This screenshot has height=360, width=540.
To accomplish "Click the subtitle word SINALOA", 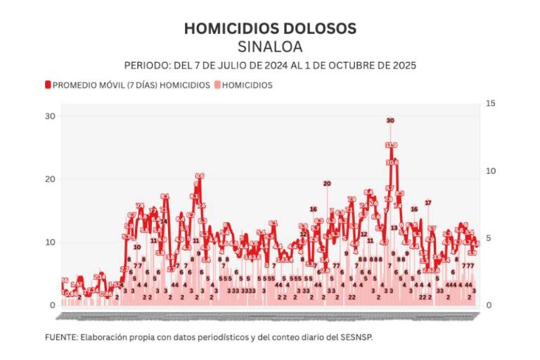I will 270,47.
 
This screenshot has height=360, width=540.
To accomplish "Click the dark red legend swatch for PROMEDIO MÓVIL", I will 48,85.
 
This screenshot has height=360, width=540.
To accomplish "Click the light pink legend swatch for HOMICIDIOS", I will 217,85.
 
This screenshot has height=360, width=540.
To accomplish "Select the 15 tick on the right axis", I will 491,104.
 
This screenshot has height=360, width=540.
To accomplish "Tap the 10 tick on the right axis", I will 491,171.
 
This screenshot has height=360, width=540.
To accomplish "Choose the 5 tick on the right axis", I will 489,238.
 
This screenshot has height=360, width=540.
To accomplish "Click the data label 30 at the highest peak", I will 390,120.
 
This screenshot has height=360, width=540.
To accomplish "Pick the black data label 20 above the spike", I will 327,184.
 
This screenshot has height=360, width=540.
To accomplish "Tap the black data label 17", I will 427,202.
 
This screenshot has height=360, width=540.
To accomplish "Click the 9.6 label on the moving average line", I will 200,176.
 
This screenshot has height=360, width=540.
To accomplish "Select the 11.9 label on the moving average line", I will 391,145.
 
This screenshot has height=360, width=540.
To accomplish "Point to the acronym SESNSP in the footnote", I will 356,337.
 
